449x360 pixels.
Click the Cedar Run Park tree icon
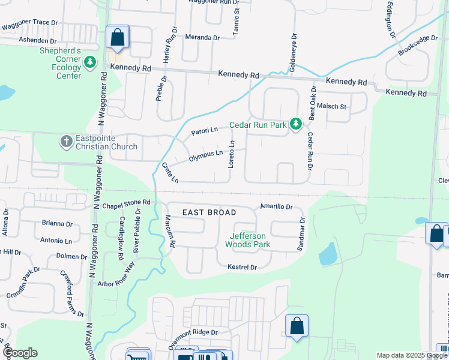[295, 124]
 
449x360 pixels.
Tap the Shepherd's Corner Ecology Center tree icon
[90, 62]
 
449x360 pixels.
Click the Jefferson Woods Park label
[247, 240]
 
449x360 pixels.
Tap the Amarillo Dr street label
[276, 206]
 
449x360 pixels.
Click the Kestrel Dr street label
[242, 267]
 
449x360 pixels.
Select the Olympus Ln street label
[206, 155]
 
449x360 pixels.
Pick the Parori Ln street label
[203, 130]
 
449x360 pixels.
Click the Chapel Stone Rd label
[125, 203]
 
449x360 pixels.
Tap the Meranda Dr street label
[202, 37]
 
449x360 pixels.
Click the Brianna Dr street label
[57, 223]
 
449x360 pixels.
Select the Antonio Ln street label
[56, 241]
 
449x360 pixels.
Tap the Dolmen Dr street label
[71, 256]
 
